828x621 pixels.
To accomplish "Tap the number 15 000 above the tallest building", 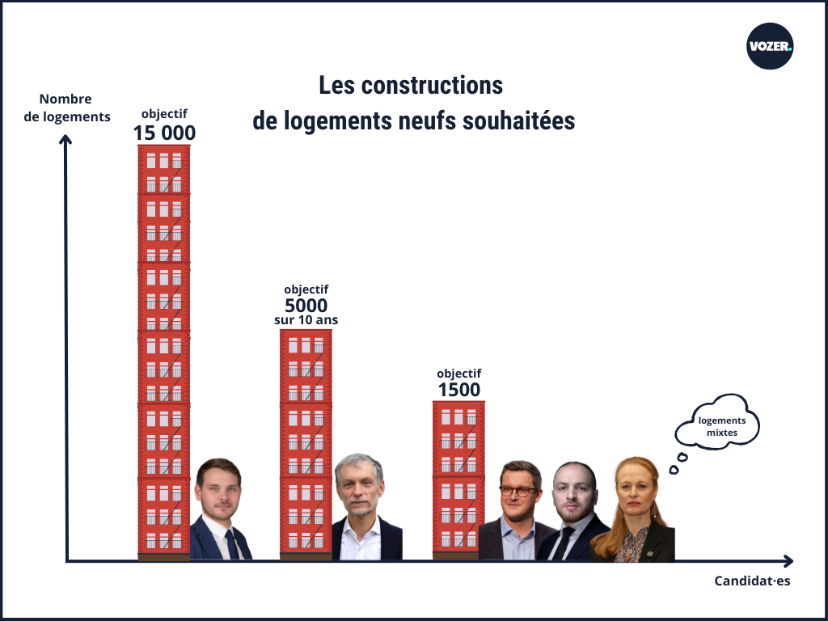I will point(164,133).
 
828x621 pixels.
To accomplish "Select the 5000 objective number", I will point(306,305).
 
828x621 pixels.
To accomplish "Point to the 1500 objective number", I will point(458,390).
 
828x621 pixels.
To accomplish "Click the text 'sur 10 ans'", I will point(306,320).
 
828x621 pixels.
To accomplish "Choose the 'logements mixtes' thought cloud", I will point(718,421).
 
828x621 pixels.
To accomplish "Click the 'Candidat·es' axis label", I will point(752,581).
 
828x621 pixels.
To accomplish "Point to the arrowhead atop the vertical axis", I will point(66,139).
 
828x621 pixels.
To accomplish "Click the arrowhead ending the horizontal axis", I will point(788,561).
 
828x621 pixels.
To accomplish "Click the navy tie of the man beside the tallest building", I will point(231,544).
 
